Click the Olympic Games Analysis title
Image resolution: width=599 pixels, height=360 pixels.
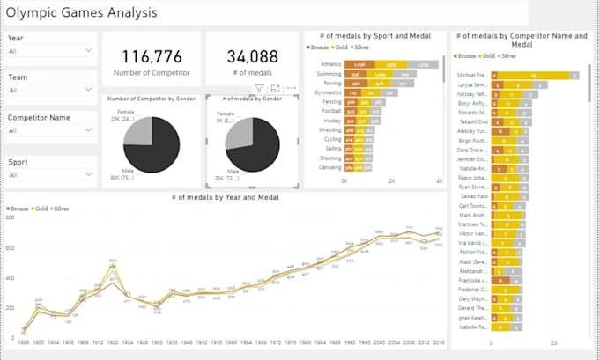[82, 13]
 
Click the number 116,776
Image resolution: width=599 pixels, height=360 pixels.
[150, 55]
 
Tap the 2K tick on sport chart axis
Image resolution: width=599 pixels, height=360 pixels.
[392, 180]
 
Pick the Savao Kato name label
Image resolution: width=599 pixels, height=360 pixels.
[473, 197]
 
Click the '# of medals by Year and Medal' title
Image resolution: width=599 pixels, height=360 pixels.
[226, 197]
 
